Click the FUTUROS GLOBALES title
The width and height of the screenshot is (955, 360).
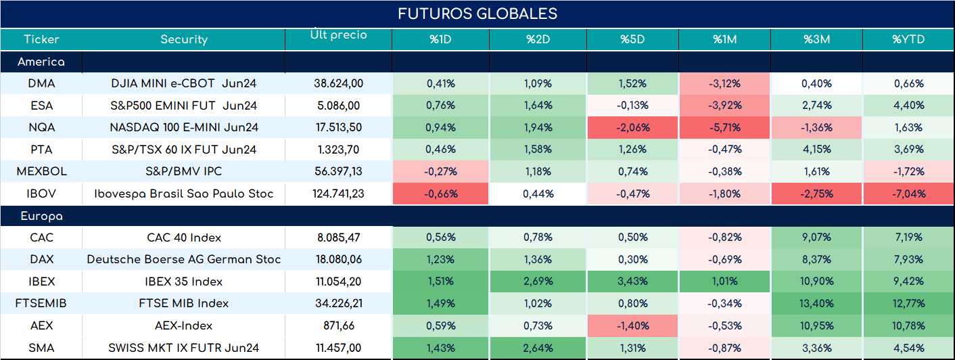(477, 14)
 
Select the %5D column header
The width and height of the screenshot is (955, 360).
(632, 39)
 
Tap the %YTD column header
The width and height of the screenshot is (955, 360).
(908, 39)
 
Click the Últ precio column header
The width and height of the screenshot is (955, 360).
(339, 34)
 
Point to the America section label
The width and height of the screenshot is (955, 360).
(41, 62)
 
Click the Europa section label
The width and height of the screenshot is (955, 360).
(41, 217)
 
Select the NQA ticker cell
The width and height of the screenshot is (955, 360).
(41, 127)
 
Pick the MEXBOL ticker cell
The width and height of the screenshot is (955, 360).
(41, 171)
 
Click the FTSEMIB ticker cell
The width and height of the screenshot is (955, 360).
(41, 303)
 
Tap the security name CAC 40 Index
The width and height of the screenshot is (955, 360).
(184, 238)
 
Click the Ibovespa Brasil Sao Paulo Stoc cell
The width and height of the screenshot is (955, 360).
(184, 194)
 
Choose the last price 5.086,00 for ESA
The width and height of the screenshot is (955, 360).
(339, 106)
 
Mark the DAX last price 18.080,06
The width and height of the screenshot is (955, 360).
(339, 259)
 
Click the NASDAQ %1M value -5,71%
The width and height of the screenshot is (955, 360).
(725, 127)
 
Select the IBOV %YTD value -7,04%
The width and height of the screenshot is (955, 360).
(909, 194)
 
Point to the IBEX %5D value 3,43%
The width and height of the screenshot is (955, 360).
(632, 282)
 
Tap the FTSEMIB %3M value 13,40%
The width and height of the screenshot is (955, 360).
(816, 303)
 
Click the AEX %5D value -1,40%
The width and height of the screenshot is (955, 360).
(632, 326)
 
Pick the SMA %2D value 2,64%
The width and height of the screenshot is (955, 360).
(538, 348)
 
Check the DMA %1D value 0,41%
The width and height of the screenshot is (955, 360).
(441, 84)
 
